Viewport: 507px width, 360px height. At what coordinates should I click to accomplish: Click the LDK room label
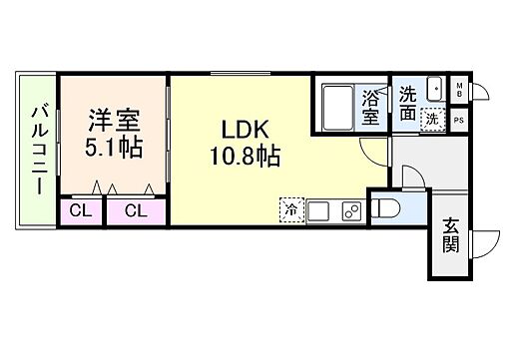pos(243,130)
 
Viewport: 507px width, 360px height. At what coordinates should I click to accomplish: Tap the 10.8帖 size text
pos(244,156)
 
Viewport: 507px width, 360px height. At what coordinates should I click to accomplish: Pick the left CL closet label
pos(83,211)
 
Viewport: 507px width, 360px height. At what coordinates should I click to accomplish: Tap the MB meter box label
pos(458,89)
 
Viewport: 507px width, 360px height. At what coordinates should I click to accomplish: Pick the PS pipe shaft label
pos(458,119)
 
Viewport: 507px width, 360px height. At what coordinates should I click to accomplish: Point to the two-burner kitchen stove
pos(351,210)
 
